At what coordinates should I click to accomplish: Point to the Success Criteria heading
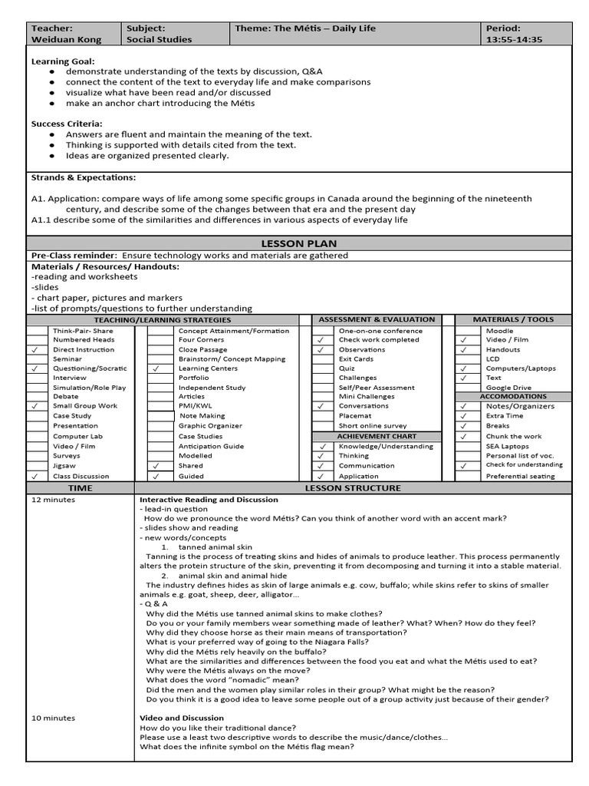point(67,123)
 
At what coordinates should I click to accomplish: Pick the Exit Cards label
point(356,359)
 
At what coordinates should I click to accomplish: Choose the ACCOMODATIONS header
point(513,397)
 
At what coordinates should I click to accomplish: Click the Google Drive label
point(508,388)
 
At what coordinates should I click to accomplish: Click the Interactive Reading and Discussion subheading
point(209,499)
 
